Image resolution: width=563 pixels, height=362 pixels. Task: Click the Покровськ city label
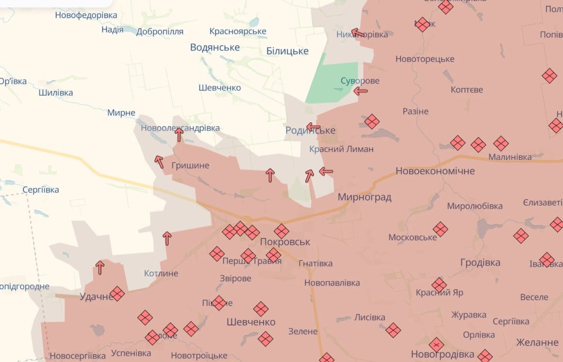tap(285, 242)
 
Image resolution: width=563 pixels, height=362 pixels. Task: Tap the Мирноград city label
tap(364, 197)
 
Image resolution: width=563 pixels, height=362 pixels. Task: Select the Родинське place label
tap(310, 130)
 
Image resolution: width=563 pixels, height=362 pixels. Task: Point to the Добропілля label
tap(160, 31)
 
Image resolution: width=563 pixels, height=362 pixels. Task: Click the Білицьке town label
tap(287, 51)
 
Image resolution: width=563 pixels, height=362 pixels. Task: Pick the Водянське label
tap(215, 47)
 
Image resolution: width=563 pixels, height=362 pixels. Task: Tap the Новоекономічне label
tap(435, 171)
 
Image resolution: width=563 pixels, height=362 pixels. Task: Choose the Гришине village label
tap(191, 165)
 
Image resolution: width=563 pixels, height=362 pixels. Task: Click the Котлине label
tap(161, 273)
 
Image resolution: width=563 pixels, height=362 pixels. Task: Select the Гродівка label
tap(480, 263)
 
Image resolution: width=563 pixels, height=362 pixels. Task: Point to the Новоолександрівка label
tap(180, 128)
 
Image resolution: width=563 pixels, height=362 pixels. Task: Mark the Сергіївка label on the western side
tap(41, 190)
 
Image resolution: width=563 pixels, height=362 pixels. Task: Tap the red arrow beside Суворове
tap(361, 91)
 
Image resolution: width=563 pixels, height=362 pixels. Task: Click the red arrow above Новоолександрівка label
tap(179, 135)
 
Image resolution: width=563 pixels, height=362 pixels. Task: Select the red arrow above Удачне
tap(100, 267)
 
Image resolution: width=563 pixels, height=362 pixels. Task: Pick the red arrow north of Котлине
tap(167, 238)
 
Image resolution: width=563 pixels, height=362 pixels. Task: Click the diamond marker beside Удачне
tap(117, 293)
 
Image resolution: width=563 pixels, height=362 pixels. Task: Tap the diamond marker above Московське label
tap(440, 229)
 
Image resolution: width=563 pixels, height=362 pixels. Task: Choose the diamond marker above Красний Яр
tap(439, 285)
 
